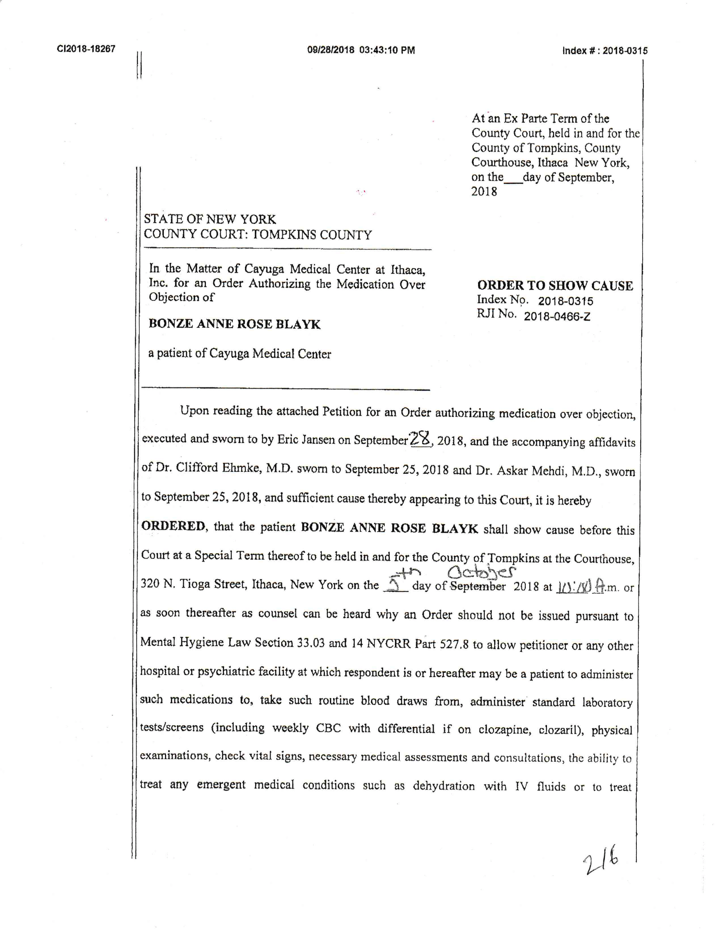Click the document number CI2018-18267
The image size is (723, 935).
coord(86,49)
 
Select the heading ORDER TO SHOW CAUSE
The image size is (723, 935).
coord(555,286)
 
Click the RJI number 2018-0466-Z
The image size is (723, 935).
coord(557,316)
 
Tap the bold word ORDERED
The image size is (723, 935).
coord(174,526)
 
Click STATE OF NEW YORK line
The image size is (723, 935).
coord(210,219)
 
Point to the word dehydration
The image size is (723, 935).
coord(444,786)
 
